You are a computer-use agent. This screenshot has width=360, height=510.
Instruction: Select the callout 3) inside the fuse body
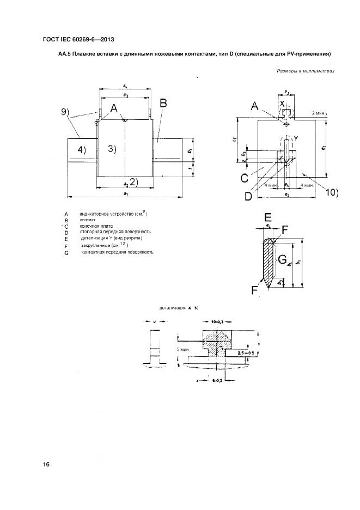pyautogui.click(x=111, y=149)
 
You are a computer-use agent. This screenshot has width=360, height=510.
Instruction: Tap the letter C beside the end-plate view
pyautogui.click(x=245, y=177)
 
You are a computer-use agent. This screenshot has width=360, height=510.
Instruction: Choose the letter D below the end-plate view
pyautogui.click(x=248, y=196)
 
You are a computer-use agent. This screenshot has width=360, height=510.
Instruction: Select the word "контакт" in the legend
pyautogui.click(x=88, y=220)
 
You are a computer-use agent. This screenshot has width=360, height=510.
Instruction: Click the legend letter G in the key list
pyautogui.click(x=66, y=252)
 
